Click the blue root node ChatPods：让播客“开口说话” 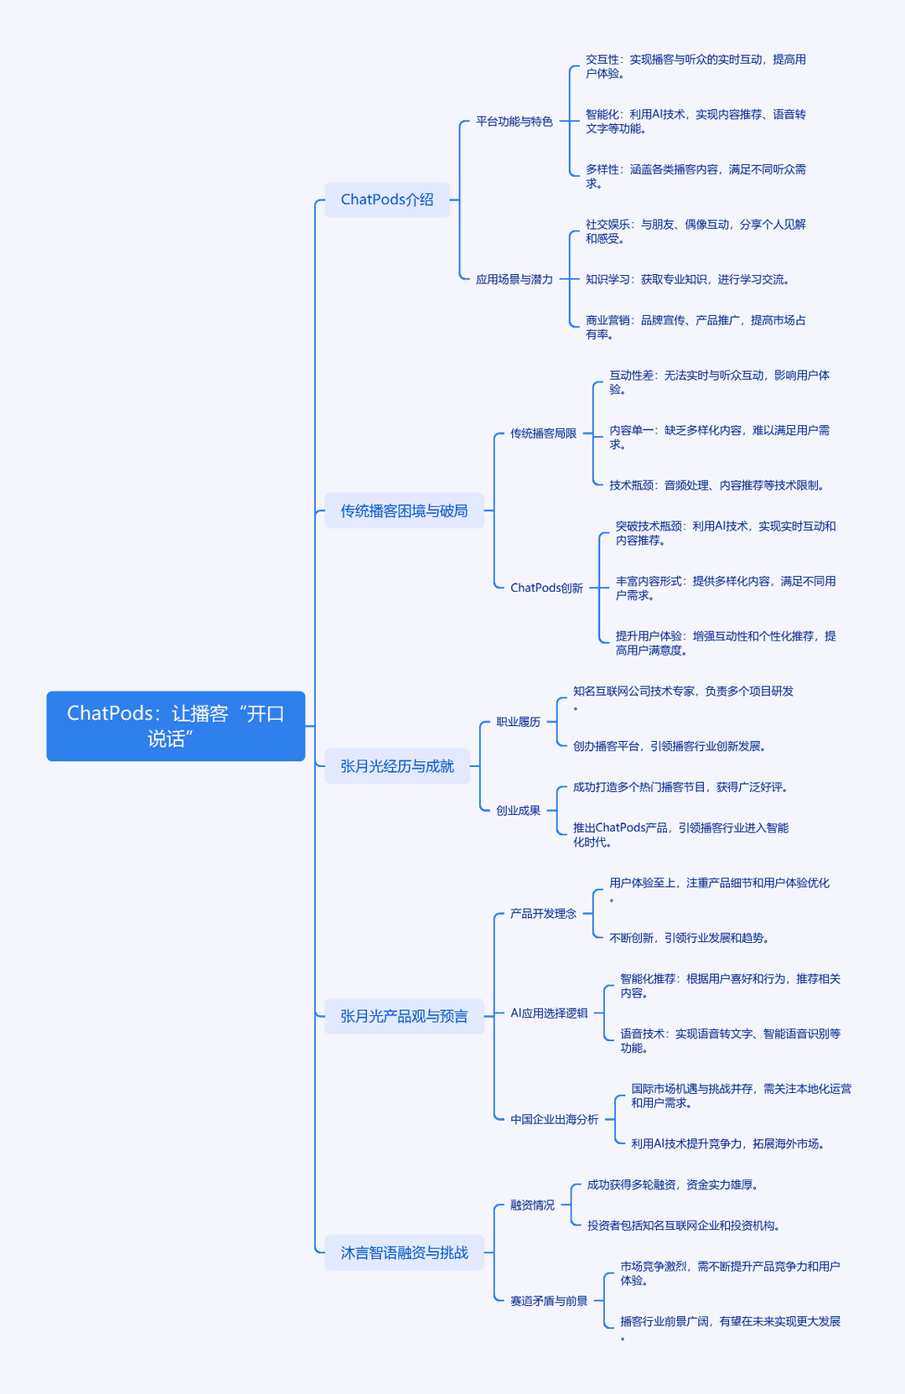click(x=176, y=726)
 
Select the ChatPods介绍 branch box click(x=387, y=200)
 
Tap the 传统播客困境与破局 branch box click(x=404, y=510)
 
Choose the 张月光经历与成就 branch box click(x=397, y=766)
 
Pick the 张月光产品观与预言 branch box click(x=404, y=1016)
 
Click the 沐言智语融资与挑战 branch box click(x=404, y=1252)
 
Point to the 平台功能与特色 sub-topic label click(x=515, y=122)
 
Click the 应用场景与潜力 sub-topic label click(x=515, y=279)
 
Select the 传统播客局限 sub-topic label click(x=544, y=433)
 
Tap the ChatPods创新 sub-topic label click(x=546, y=588)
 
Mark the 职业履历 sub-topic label click(x=518, y=722)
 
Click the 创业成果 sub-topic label click(x=518, y=811)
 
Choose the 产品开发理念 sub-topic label click(x=544, y=914)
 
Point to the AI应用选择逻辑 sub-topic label click(x=549, y=1013)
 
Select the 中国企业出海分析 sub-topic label click(x=554, y=1120)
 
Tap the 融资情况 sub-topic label click(x=532, y=1205)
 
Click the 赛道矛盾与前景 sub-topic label click(x=549, y=1301)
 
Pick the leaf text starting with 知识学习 click(x=687, y=279)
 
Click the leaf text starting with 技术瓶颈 click(x=716, y=485)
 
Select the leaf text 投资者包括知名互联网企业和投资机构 click(x=684, y=1226)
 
